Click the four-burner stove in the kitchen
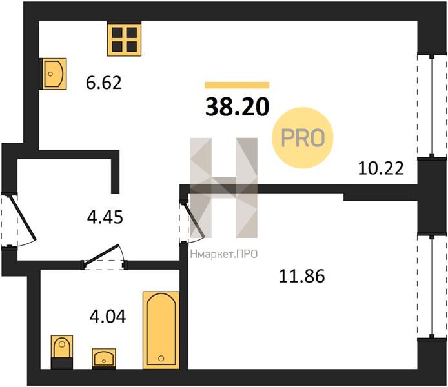coord(125,40)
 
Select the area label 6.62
coord(104,83)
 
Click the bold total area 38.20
coord(237,106)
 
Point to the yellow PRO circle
coord(303,137)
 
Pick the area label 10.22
coord(381,168)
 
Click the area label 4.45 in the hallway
coord(105,217)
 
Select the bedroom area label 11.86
coord(301,276)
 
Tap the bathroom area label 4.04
coord(108,316)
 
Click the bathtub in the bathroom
coord(161,330)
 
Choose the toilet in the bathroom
coord(62,352)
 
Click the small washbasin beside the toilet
coord(104,359)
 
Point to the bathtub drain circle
coord(161,358)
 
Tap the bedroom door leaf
coord(194,220)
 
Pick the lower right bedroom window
coord(432,286)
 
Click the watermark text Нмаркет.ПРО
coord(224,254)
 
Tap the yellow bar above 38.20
coord(237,85)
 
